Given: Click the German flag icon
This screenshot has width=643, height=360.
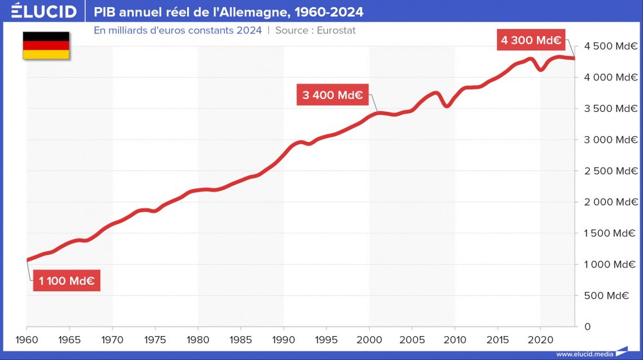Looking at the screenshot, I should tap(46, 46).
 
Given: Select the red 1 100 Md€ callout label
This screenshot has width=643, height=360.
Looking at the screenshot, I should tap(66, 281).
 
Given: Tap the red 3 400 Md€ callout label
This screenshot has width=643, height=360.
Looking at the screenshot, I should tap(332, 96).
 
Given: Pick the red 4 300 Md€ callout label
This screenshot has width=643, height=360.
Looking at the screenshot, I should tap(531, 40).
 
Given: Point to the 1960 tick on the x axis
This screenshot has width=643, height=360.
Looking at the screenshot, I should tap(26, 339).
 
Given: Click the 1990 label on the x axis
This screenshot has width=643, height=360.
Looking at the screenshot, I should tap(284, 339).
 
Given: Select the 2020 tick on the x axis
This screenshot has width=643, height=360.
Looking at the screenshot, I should tap(540, 339).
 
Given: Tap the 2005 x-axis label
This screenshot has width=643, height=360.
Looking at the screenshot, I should tap(412, 339).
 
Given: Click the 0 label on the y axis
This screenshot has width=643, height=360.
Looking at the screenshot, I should tap(586, 327).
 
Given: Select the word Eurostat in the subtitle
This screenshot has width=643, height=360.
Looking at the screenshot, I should tap(336, 30).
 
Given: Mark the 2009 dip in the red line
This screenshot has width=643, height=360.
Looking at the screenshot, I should tap(446, 106).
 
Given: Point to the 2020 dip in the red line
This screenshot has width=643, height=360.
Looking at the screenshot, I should tap(541, 69).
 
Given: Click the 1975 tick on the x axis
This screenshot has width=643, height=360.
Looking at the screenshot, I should tap(155, 339).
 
